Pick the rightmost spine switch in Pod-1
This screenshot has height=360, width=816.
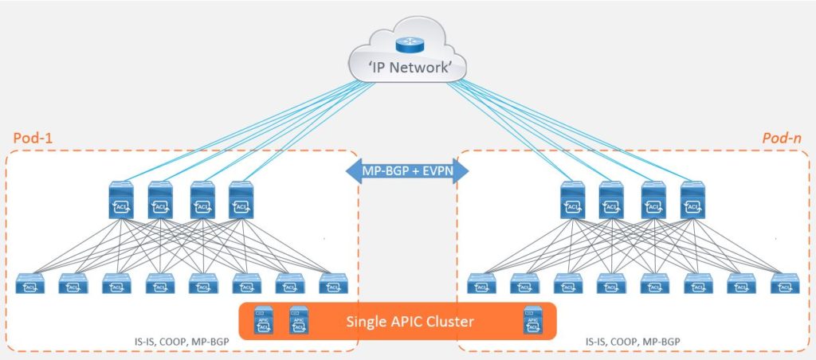tap(241, 201)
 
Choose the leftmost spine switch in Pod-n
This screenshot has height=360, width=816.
tap(571, 201)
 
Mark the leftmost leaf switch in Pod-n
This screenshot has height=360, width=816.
tap(481, 284)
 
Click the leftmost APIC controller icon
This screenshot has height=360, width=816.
tap(262, 320)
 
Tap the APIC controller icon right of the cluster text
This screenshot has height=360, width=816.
tap(534, 320)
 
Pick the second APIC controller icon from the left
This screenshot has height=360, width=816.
tap(299, 320)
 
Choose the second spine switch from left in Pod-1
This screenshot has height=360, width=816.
tap(160, 201)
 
